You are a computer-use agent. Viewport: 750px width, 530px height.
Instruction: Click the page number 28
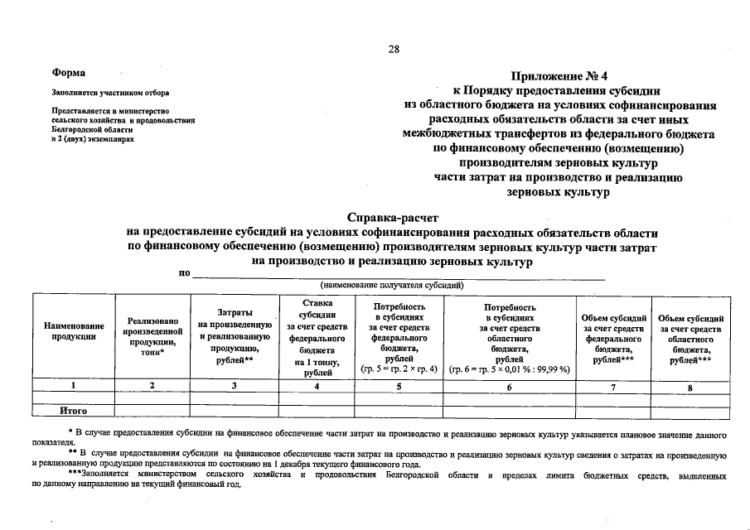(394, 49)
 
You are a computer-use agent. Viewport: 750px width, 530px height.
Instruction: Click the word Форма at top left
(69, 74)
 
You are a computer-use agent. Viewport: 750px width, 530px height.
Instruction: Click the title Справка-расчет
(392, 218)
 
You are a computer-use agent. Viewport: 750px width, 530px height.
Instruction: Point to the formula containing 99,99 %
(508, 369)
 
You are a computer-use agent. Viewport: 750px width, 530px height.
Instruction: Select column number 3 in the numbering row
(235, 386)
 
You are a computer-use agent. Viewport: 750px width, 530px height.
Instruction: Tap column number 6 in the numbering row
(508, 387)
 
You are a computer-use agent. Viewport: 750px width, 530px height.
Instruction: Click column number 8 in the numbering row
(690, 387)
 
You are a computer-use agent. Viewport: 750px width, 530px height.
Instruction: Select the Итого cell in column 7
(612, 411)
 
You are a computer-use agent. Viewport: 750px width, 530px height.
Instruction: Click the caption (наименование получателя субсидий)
(392, 285)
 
